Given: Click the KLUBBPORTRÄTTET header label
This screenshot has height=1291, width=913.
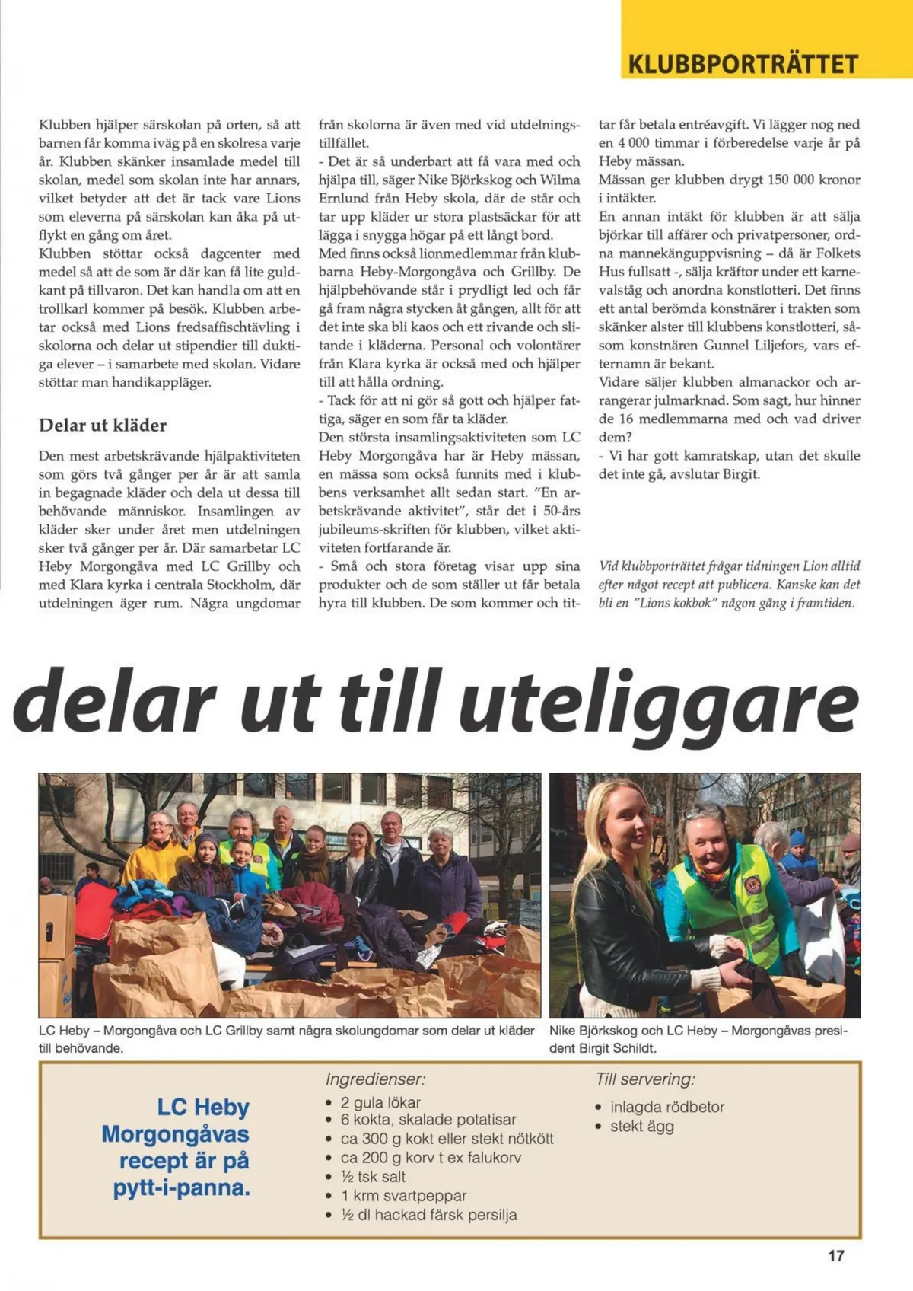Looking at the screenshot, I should pos(743,64).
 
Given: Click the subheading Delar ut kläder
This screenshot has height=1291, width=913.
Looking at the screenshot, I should pos(103,426).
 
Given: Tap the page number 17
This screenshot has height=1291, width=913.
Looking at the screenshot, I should pos(835,1256).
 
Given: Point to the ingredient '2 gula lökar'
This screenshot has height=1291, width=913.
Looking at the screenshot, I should pos(380,1102).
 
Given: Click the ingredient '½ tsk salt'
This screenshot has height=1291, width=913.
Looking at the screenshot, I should pos(373,1177).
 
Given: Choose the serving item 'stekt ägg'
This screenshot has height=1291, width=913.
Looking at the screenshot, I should pos(641,1127).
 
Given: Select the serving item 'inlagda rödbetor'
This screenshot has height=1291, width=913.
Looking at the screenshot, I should pos(666,1107).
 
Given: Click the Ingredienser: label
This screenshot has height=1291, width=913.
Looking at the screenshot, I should pos(375,1079).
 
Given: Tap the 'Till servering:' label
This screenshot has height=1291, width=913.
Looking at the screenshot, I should pos(645,1079).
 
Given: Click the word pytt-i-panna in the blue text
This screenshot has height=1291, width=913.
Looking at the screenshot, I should pos(181,1188).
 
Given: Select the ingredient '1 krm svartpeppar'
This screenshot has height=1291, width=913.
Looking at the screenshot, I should pos(403,1196).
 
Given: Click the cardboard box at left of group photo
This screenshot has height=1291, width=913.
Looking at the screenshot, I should pos(56,944).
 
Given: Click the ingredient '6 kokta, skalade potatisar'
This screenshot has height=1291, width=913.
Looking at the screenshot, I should pos(428,1120).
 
